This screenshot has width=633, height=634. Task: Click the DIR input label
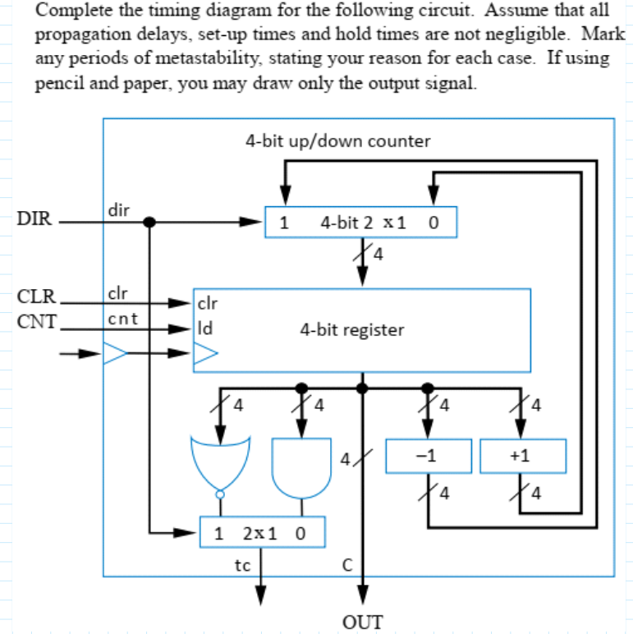(x=33, y=219)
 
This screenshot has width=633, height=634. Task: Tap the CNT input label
(x=34, y=320)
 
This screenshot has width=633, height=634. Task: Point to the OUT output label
(x=361, y=621)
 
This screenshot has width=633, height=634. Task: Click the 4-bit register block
(x=361, y=329)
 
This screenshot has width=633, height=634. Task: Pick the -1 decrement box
(x=428, y=457)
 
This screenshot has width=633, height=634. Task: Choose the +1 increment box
(x=523, y=457)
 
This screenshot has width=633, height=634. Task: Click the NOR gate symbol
(x=219, y=465)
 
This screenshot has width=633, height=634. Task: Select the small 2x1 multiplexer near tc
(x=262, y=532)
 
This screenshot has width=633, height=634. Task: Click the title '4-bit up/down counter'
(x=337, y=140)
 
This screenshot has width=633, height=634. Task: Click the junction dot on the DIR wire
(x=149, y=222)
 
